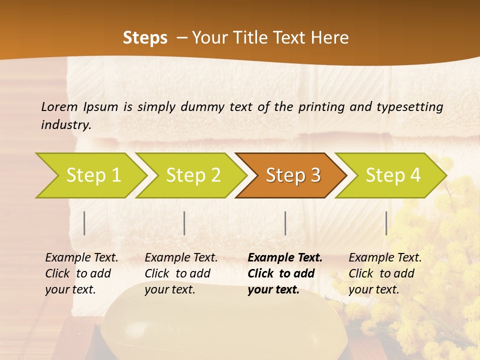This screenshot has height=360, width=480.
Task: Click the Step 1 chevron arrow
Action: tap(92, 175)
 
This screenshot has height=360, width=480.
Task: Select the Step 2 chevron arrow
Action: tap(192, 175)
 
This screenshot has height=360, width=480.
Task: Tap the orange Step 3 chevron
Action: tap(292, 175)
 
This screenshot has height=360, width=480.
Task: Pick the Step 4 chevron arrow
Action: tap(392, 175)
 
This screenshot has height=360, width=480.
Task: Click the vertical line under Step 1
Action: tap(84, 223)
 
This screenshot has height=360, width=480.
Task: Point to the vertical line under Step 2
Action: tap(184, 223)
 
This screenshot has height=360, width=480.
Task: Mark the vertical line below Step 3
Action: tap(285, 223)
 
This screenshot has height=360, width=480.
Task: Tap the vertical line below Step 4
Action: tap(386, 223)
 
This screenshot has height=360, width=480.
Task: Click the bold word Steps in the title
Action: tap(145, 38)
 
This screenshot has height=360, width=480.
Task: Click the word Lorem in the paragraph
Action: tap(59, 106)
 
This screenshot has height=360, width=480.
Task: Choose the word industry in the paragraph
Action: tap(66, 124)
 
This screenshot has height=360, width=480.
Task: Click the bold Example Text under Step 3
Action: tap(285, 258)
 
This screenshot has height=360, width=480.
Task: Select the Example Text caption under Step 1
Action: tap(81, 258)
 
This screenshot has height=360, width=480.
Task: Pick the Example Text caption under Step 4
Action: tap(385, 258)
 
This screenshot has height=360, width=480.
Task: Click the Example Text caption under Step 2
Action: tap(181, 258)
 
